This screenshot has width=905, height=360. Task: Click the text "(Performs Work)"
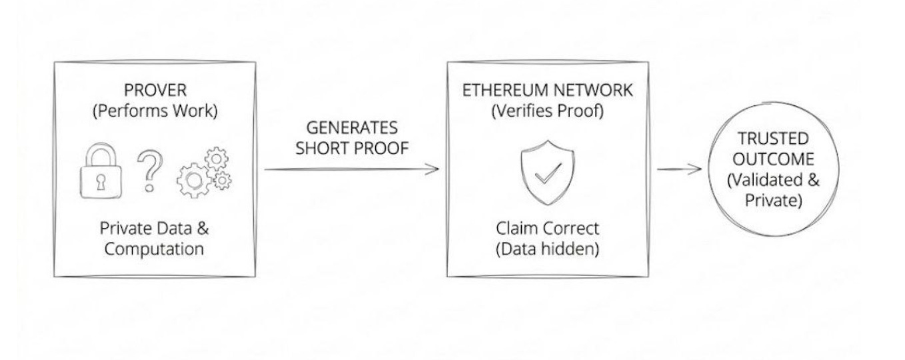154,111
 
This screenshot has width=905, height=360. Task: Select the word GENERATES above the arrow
352,127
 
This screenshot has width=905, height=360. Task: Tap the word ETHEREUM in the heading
506,91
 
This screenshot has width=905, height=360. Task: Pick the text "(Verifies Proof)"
547,111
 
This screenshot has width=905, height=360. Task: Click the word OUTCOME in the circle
774,159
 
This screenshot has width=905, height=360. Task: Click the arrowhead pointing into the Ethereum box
433,168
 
